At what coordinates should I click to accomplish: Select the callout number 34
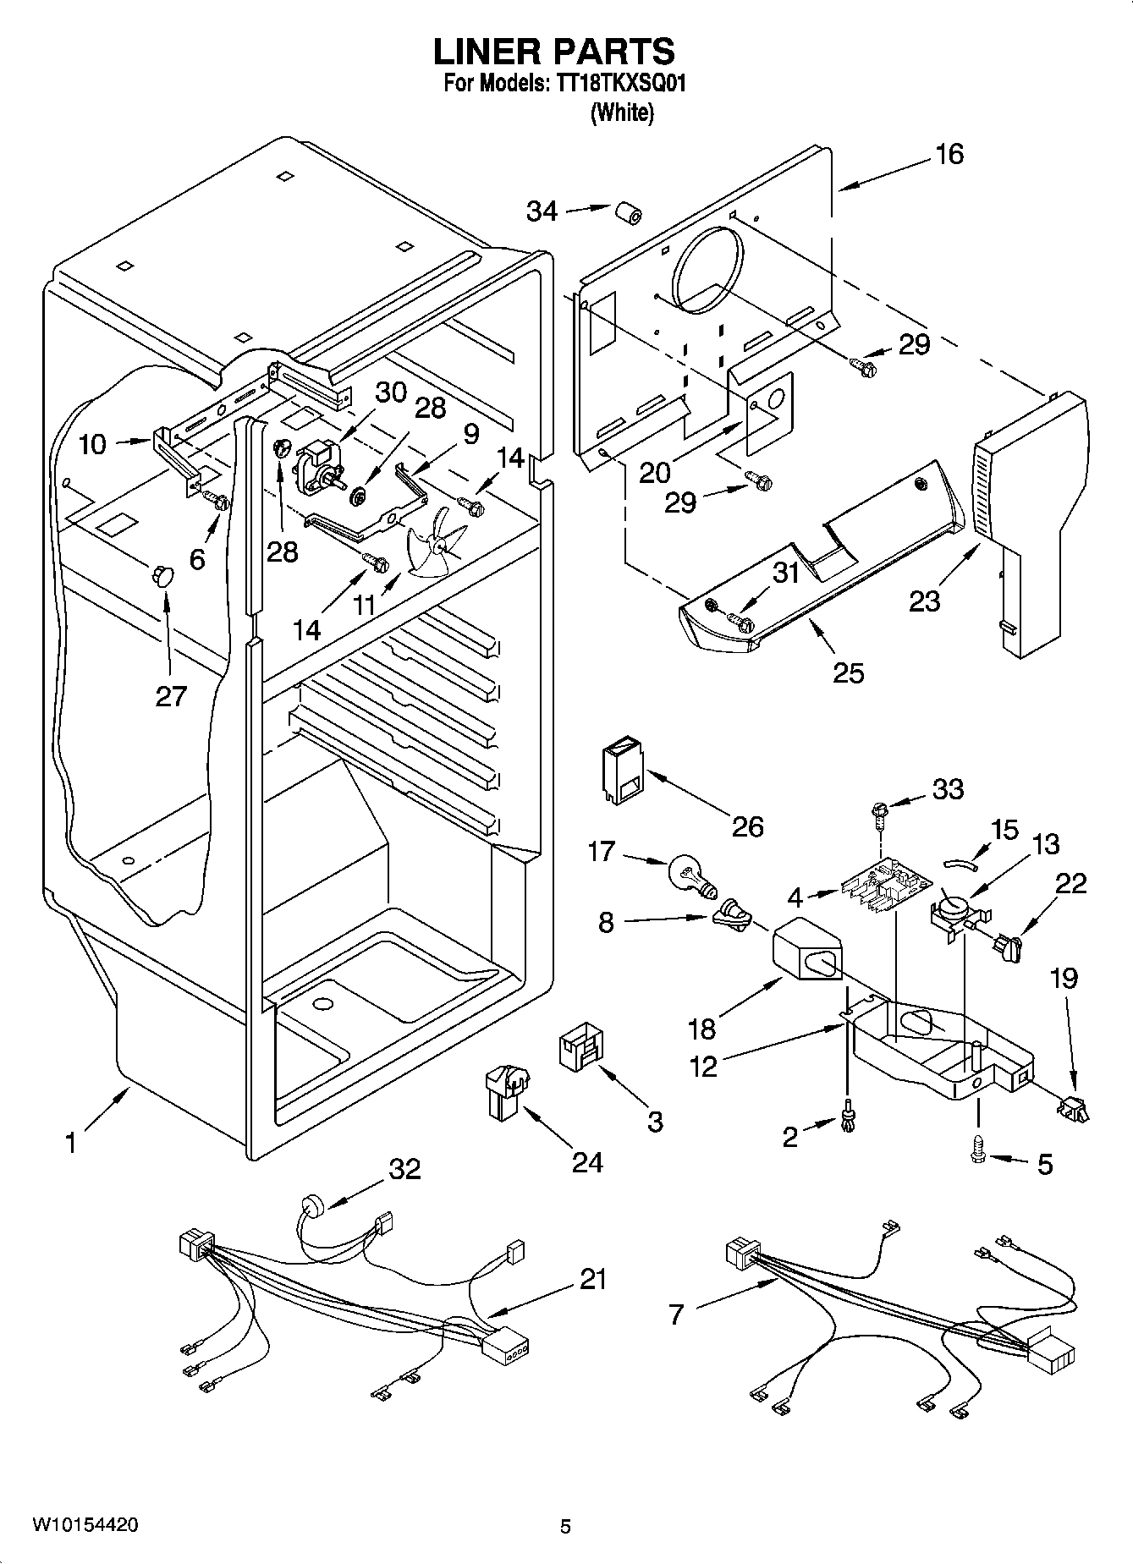542,211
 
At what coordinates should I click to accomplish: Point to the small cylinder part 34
626,214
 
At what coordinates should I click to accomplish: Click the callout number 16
949,154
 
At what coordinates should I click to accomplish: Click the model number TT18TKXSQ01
626,85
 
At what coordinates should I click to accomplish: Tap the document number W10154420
85,1524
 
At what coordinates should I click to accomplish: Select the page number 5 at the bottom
565,1526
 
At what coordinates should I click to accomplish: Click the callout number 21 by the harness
592,1279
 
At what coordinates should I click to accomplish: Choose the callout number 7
675,1315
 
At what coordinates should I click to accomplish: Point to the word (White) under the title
621,112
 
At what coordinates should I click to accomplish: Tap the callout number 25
848,672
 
